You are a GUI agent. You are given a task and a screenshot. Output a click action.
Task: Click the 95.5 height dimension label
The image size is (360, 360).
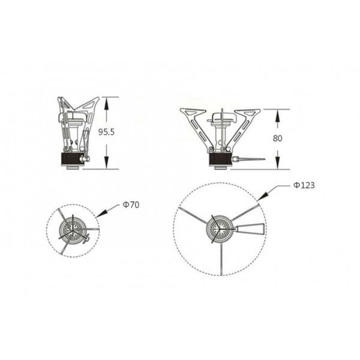point(106,132)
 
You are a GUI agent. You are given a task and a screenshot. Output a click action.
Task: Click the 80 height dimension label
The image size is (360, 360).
point(277,138)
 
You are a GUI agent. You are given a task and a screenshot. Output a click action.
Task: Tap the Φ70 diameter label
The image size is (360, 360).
point(131,205)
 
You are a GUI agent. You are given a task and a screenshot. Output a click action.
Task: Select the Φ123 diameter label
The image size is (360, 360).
point(304,185)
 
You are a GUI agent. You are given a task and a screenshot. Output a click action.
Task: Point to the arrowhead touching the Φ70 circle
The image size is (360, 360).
point(102,213)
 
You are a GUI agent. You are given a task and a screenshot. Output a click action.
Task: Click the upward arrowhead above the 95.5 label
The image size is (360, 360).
point(106,103)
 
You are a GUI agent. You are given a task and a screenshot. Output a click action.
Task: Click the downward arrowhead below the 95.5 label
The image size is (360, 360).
point(106,163)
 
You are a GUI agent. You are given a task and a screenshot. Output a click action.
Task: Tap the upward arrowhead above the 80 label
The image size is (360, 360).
point(277,115)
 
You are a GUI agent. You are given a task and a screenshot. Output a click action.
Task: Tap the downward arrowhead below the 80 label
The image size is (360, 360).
point(277,163)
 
